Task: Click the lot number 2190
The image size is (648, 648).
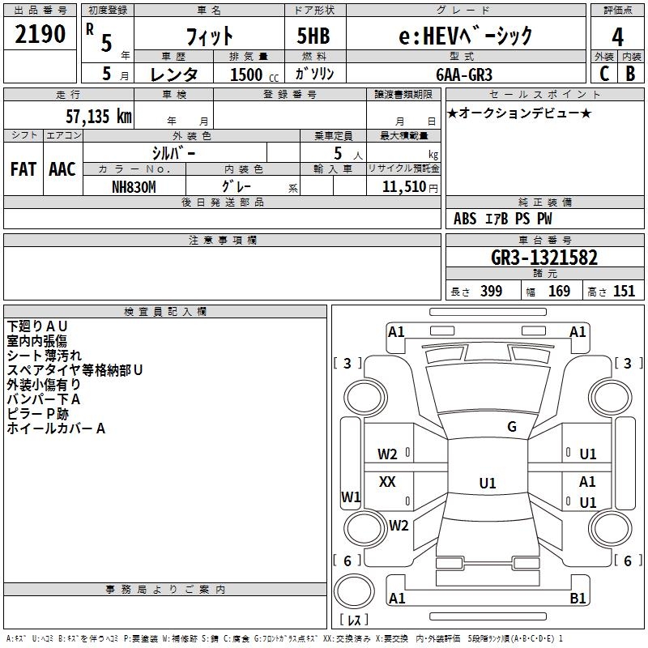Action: point(40,34)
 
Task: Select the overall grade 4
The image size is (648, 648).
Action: point(617,36)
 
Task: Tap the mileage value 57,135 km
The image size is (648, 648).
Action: point(99,116)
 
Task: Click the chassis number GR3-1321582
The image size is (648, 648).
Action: point(544,258)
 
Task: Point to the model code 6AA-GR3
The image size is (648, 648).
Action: point(464,75)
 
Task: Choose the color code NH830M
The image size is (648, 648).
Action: point(134,187)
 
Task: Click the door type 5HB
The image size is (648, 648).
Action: point(313,36)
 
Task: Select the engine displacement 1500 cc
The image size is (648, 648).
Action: point(254,75)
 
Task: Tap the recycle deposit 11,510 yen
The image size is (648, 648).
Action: point(410,187)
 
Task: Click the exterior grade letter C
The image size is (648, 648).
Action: point(603,74)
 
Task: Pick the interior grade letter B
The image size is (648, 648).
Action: point(630,74)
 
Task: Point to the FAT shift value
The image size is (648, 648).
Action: point(23,169)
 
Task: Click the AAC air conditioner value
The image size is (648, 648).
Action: point(62,169)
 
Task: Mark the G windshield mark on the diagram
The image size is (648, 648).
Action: point(512,427)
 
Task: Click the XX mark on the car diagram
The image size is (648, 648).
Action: point(387,481)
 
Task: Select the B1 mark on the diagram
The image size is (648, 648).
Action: point(578,598)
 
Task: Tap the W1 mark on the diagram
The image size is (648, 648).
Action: point(351,497)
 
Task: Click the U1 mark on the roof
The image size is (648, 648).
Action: point(488,483)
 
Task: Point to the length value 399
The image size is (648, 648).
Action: point(491,291)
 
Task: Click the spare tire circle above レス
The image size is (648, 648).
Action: point(354,591)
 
